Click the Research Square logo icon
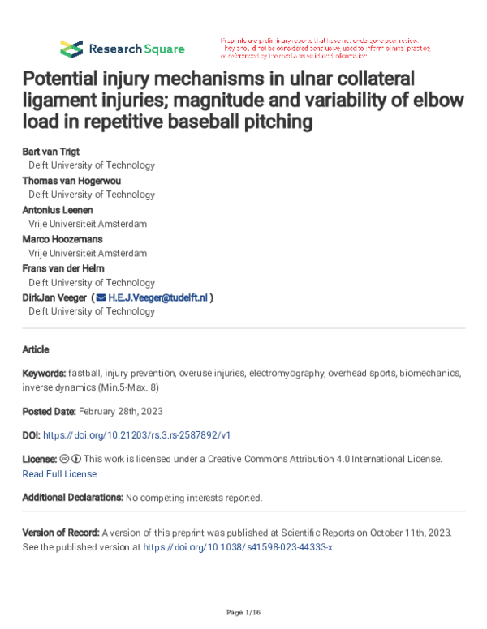[x=71, y=48]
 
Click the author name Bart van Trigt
[x=51, y=152]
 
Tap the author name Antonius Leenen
[x=58, y=210]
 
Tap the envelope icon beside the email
[x=101, y=297]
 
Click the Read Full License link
[x=59, y=473]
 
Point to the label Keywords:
[x=45, y=373]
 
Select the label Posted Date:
[x=50, y=412]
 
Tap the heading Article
[x=36, y=349]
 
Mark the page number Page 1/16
[x=243, y=610]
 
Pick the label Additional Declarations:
[x=72, y=497]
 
